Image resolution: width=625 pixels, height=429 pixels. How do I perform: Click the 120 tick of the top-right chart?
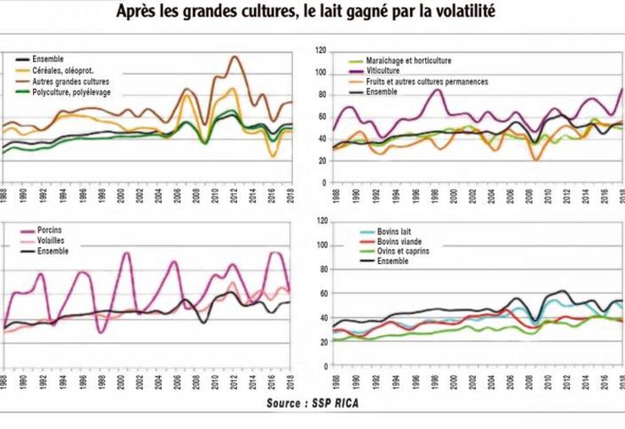point(321,51)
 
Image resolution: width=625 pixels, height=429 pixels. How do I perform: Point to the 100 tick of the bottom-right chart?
point(321,245)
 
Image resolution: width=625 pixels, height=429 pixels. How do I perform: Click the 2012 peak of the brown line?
point(234,58)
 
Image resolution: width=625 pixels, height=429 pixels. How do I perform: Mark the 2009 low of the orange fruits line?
point(535,157)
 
